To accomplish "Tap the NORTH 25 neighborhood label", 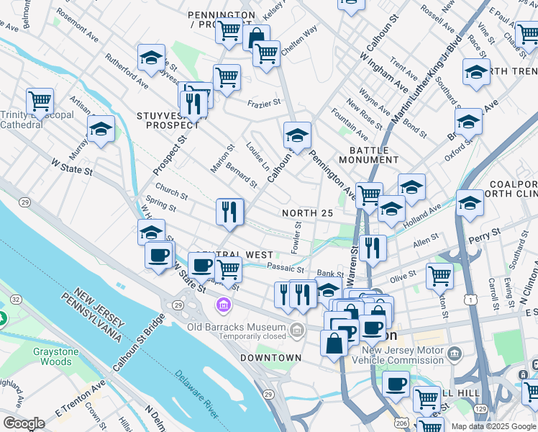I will pos(307,213).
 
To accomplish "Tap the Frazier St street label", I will pos(264,104).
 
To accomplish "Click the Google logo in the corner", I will pos(24,423).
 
